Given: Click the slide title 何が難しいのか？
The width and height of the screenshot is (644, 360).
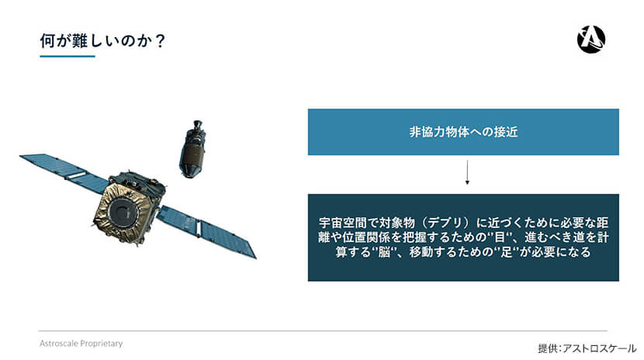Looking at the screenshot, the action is pyautogui.click(x=102, y=41).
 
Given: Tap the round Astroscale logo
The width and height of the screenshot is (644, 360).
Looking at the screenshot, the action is pyautogui.click(x=591, y=40).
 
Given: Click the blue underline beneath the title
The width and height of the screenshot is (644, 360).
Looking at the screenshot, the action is pyautogui.click(x=68, y=56).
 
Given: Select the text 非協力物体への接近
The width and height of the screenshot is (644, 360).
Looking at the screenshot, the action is pyautogui.click(x=463, y=132).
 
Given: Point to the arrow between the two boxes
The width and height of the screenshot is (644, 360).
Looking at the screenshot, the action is pyautogui.click(x=467, y=172).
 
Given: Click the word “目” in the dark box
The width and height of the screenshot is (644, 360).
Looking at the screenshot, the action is pyautogui.click(x=500, y=237).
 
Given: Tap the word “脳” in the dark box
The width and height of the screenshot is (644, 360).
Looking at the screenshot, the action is pyautogui.click(x=384, y=251).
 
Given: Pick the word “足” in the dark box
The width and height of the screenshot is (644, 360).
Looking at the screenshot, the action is pyautogui.click(x=507, y=251).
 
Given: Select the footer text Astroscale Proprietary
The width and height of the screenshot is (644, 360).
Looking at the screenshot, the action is pyautogui.click(x=81, y=343).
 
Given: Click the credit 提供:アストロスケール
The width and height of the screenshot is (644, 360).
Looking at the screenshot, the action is pyautogui.click(x=587, y=348).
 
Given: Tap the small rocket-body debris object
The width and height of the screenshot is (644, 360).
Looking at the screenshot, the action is pyautogui.click(x=192, y=150).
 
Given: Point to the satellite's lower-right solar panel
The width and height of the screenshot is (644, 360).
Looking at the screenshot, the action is pyautogui.click(x=207, y=231).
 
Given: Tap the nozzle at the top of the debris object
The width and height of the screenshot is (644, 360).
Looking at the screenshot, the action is pyautogui.click(x=198, y=125).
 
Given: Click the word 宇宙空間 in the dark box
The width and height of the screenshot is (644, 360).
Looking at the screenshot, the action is pyautogui.click(x=342, y=223).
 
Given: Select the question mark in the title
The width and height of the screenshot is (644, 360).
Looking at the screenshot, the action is pyautogui.click(x=161, y=41).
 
